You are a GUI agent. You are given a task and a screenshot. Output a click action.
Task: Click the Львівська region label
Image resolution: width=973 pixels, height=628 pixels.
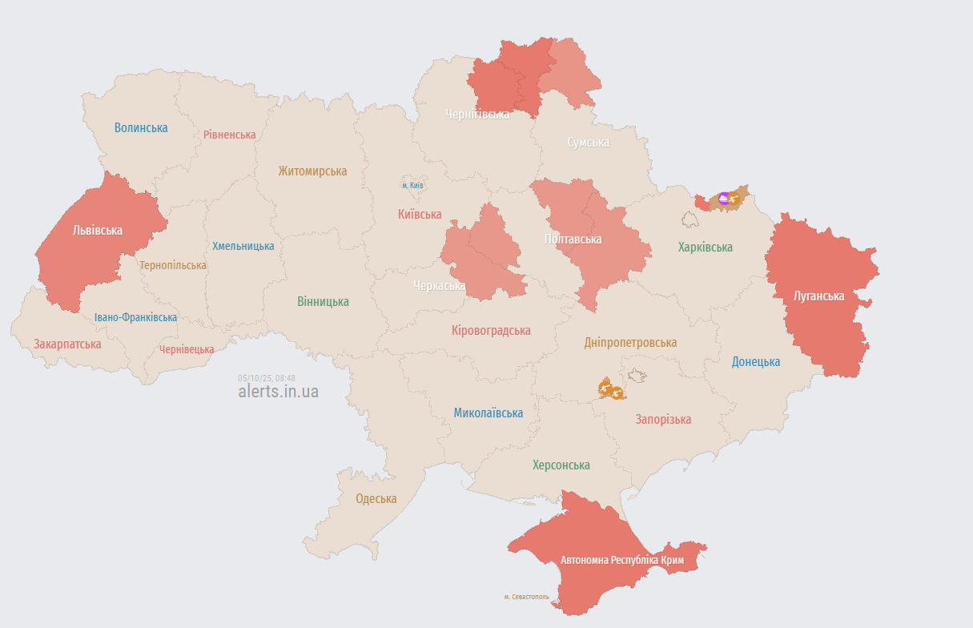[98, 231]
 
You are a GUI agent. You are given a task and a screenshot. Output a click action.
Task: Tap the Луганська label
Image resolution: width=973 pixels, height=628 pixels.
[818, 296]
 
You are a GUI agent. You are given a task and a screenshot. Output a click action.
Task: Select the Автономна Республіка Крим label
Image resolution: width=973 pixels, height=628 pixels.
[622, 560]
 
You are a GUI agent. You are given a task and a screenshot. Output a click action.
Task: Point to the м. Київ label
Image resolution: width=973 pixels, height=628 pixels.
[412, 186]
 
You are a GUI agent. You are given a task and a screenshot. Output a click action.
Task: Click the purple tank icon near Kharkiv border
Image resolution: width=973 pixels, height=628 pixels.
[724, 198]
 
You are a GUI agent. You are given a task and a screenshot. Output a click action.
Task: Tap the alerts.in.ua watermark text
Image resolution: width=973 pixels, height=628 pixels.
[278, 392]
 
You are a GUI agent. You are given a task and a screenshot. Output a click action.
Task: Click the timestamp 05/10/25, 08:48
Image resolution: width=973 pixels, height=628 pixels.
[267, 378]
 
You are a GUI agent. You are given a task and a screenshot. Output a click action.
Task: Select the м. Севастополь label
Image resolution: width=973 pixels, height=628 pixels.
[527, 597]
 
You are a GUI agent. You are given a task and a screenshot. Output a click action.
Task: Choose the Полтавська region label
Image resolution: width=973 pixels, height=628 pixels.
[573, 240]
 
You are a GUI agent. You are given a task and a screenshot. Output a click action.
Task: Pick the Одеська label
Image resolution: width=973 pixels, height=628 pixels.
[376, 499]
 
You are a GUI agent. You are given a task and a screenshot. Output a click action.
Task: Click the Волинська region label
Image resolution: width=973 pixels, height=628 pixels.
[141, 128]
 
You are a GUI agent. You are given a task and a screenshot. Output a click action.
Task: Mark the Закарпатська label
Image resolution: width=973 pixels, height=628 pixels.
[67, 344]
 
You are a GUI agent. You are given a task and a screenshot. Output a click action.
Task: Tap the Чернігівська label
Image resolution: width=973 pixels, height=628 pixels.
[477, 115]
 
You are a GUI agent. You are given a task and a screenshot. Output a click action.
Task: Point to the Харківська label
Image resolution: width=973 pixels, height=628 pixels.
[705, 248]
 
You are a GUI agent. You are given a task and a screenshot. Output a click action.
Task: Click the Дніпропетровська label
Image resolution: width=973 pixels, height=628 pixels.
[630, 343]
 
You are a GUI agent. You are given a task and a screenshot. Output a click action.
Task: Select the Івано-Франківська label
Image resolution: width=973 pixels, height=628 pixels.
[135, 318]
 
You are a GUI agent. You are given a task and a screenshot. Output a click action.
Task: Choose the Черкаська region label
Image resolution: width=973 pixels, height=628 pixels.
[440, 286]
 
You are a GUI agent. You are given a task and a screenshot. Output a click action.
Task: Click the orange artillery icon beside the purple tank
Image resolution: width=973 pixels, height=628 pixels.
[734, 198]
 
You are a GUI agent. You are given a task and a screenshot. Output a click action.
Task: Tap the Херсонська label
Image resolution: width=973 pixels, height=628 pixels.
[561, 465]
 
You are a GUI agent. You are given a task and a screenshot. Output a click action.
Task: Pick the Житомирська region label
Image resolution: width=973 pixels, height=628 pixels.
[312, 171]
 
